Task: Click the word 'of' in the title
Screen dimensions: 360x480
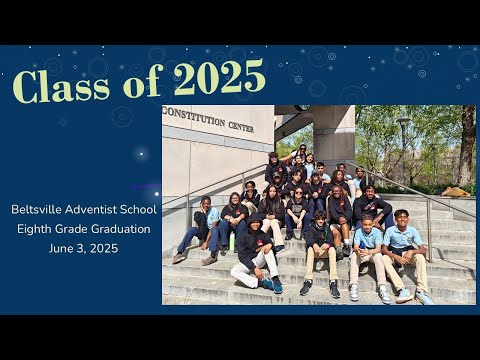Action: click(140, 84)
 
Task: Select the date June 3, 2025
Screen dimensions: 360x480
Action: click(83, 248)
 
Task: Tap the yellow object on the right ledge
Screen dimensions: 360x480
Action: click(455, 191)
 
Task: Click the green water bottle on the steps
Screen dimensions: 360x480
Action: click(232, 242)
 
